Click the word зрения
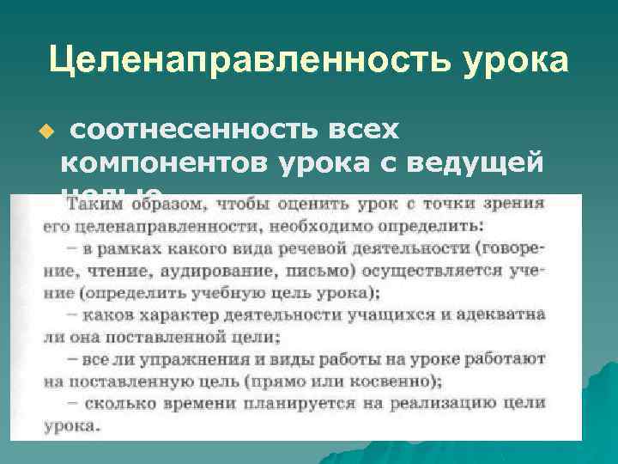pyautogui.click(x=515, y=205)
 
